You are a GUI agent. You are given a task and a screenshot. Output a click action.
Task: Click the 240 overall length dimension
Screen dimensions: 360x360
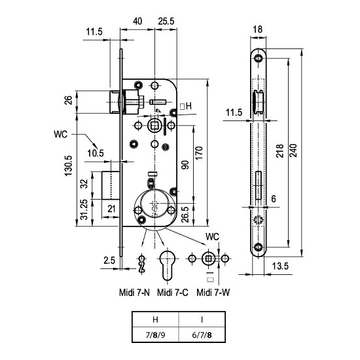click(x=294, y=150)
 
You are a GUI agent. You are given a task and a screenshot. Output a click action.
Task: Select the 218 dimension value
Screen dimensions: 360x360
click(x=280, y=151)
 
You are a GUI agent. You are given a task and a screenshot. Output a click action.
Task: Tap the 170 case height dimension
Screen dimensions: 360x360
click(x=199, y=153)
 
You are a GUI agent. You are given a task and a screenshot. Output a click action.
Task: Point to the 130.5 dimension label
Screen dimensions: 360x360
click(x=68, y=166)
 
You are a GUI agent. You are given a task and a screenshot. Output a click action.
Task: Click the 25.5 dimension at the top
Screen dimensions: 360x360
click(x=166, y=22)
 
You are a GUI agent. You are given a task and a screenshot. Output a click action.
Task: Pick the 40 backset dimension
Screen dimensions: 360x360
click(x=137, y=22)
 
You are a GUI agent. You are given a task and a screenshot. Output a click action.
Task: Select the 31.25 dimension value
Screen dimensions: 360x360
click(x=84, y=209)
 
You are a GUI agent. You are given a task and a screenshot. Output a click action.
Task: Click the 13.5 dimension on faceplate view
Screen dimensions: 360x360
click(x=280, y=266)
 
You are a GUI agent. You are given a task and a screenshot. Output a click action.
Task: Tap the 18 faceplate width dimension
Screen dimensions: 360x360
click(x=258, y=29)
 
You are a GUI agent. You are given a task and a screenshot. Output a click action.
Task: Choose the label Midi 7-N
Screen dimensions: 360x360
click(x=134, y=293)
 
